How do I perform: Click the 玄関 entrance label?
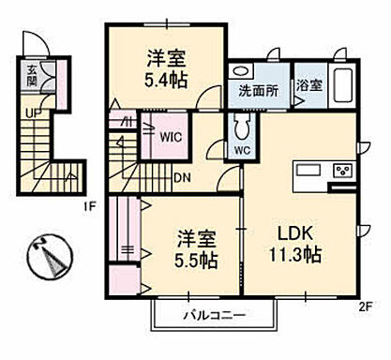tap(32, 74)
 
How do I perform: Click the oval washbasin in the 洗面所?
tap(240, 72)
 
